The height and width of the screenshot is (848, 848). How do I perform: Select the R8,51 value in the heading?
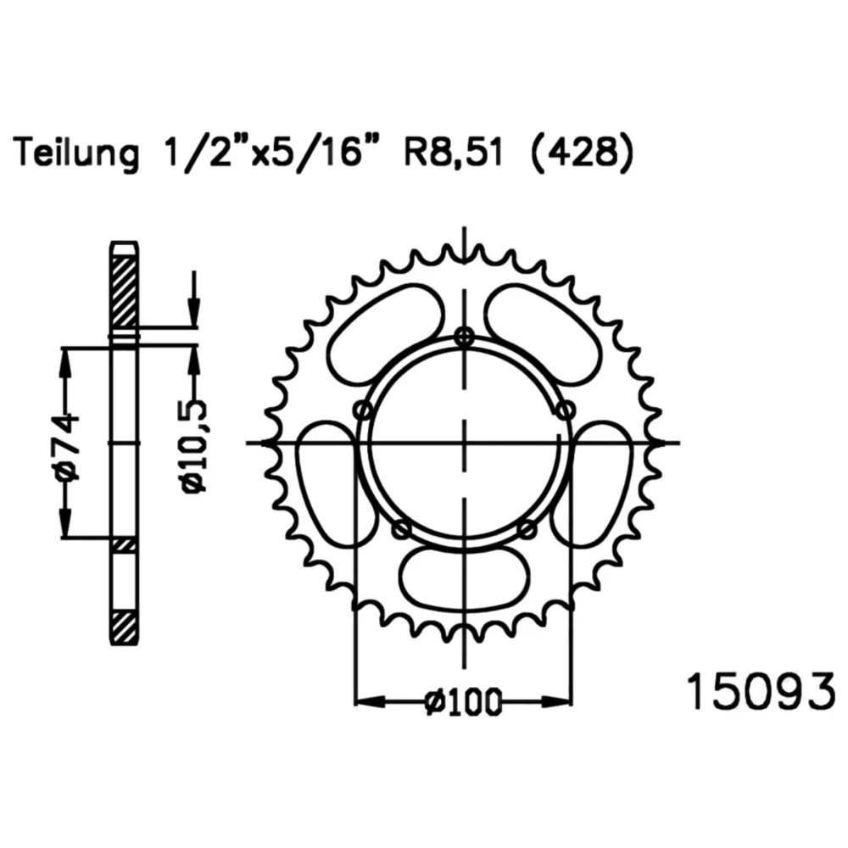[x=453, y=153]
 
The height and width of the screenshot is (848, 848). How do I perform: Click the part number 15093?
[x=761, y=692]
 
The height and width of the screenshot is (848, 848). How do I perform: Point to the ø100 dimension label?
[x=464, y=701]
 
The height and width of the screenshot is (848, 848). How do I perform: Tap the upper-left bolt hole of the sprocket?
[x=364, y=410]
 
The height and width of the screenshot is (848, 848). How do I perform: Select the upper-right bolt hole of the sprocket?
[x=565, y=410]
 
